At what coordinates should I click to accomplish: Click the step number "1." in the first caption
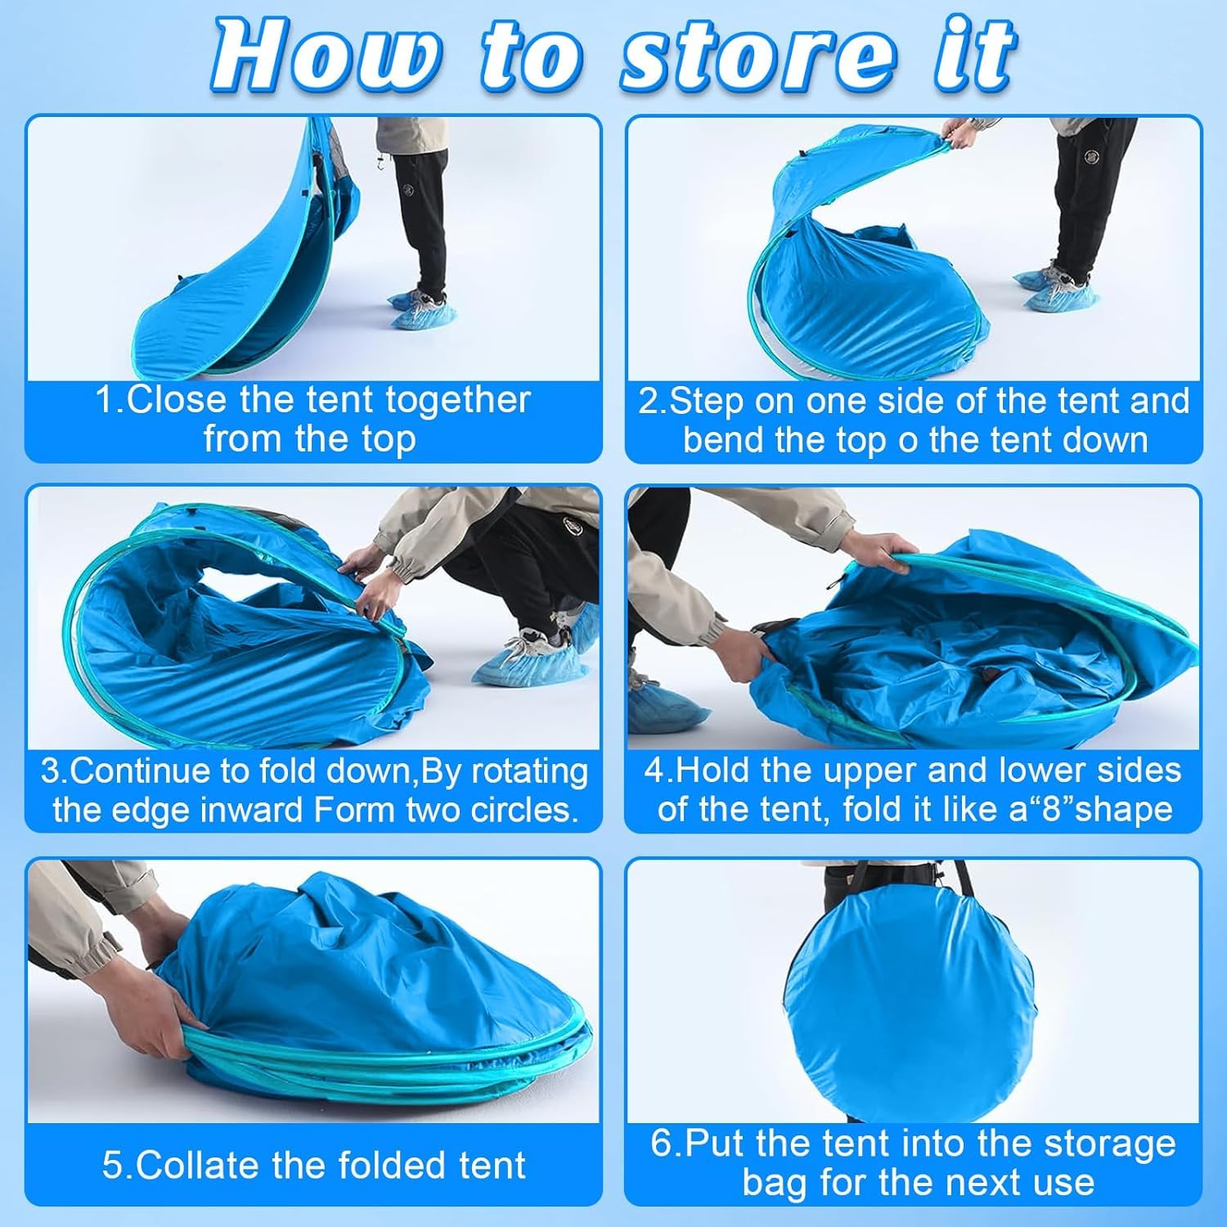coord(110,400)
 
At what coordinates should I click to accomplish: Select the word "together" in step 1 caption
coord(457,402)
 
